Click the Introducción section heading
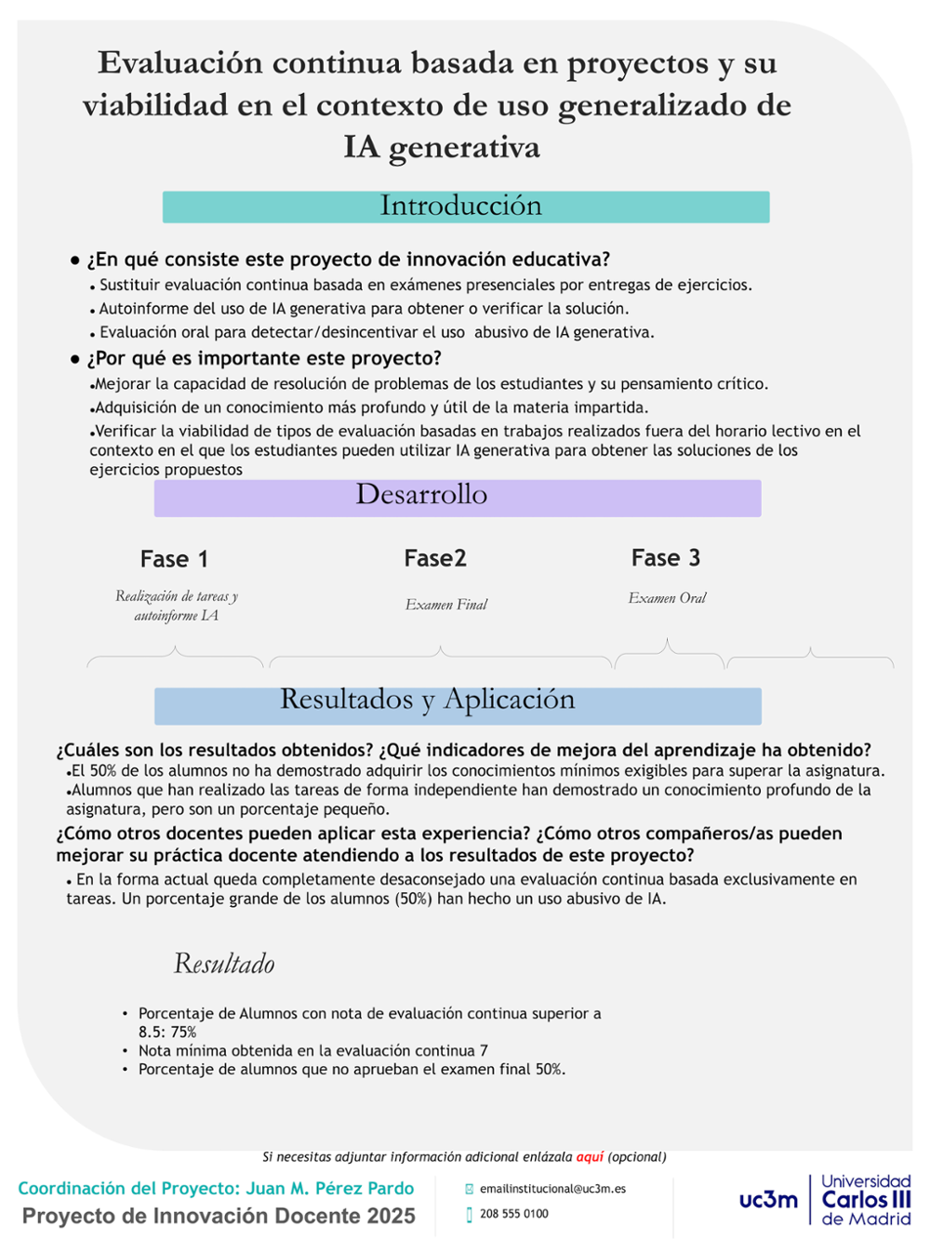(461, 206)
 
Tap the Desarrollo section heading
(421, 495)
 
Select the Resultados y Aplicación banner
(428, 700)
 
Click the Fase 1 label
(174, 559)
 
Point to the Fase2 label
(435, 558)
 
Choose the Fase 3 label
(666, 558)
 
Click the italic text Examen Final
(446, 605)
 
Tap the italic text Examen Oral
(667, 598)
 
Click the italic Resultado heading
(224, 964)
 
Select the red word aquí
(590, 1157)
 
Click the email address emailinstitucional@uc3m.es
(552, 1189)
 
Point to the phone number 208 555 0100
(514, 1214)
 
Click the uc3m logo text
(768, 1200)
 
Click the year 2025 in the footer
(390, 1216)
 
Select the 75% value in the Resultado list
(183, 1033)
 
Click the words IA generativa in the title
(442, 147)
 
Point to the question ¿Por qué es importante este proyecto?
(264, 359)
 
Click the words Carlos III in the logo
(866, 1200)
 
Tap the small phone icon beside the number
(470, 1214)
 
